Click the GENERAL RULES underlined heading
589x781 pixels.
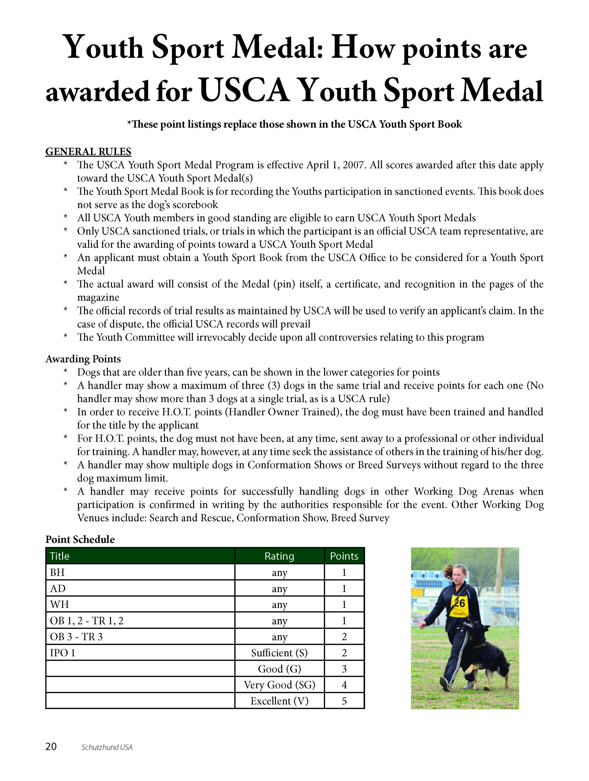[88, 152]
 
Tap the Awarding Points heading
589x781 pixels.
[83, 359]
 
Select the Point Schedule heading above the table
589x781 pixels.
[80, 539]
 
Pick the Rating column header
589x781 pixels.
[279, 556]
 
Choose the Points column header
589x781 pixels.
[344, 556]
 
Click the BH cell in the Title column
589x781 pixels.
[57, 572]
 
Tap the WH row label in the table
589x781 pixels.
[59, 604]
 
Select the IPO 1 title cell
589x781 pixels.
[62, 652]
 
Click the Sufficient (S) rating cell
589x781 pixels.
[279, 653]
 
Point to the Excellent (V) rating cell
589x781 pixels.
[279, 701]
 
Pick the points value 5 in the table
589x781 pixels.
[344, 701]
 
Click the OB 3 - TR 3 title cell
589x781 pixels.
[76, 637]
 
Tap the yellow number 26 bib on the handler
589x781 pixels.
[459, 604]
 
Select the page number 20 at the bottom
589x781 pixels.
[51, 747]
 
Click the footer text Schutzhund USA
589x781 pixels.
[107, 747]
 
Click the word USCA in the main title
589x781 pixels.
[244, 91]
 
